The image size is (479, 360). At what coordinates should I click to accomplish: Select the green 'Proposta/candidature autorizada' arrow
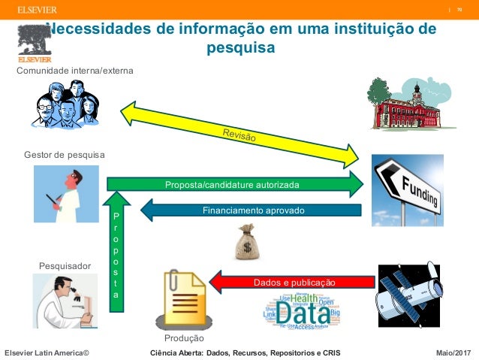(233, 184)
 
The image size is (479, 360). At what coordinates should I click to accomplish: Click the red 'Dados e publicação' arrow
(294, 282)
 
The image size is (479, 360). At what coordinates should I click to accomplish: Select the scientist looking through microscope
(65, 301)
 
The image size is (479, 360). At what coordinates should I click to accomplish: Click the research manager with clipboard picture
(66, 194)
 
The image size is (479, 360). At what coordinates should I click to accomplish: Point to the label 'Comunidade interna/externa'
(75, 71)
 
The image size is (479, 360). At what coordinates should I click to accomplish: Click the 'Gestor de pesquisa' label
(65, 155)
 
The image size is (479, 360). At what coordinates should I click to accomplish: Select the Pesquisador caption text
(65, 266)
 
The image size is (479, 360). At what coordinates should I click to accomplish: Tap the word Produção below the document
(184, 339)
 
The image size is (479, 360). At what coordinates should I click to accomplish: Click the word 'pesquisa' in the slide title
(239, 48)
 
